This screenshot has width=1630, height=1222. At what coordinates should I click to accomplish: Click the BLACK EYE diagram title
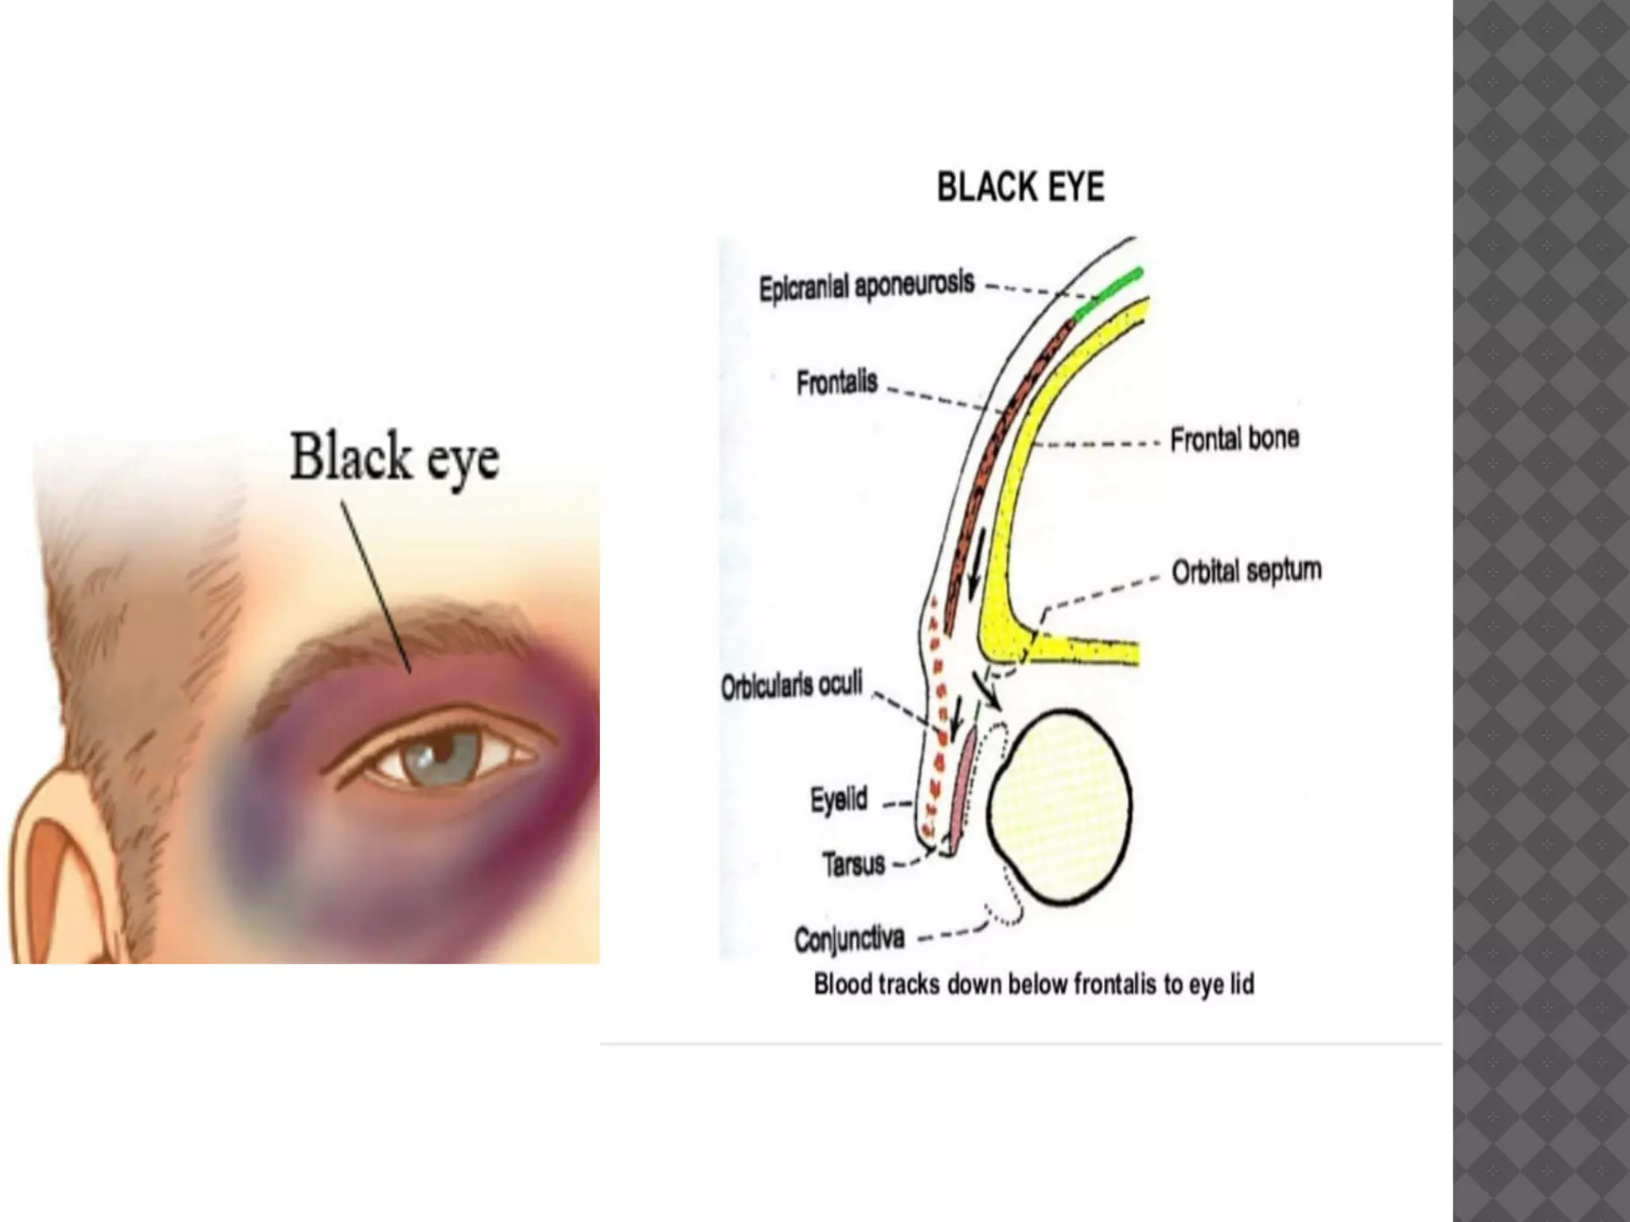(x=1020, y=188)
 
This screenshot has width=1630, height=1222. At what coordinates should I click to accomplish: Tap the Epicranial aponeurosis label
(x=866, y=286)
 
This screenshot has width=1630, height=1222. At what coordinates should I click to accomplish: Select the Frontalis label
(x=836, y=383)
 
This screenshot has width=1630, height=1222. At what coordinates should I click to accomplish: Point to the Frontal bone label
(x=1234, y=438)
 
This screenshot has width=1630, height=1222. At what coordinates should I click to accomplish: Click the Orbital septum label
(x=1246, y=571)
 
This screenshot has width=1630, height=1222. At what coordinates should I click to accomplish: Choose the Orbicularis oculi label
(x=791, y=686)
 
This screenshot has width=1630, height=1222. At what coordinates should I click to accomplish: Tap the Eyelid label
(x=838, y=800)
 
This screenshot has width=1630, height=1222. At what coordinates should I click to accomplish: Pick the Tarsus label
(x=853, y=864)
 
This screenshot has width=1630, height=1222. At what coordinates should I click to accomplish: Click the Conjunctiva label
(x=849, y=939)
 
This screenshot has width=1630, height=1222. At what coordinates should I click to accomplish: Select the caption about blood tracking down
(x=1034, y=985)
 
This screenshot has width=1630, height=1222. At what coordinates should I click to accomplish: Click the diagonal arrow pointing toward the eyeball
(x=986, y=688)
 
